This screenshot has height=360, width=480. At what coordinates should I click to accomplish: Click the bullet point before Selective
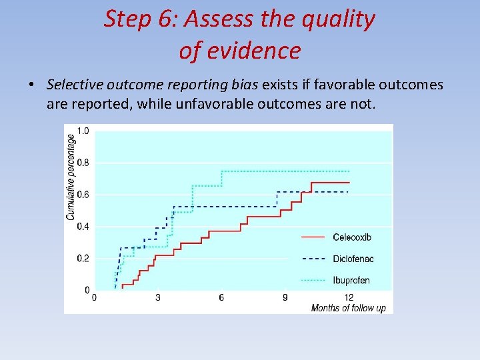pos(31,85)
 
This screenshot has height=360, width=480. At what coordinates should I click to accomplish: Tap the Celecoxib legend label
pos(351,237)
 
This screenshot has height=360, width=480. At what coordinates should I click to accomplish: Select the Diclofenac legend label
pos(351,259)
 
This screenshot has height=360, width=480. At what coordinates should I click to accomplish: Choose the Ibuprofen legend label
pos(351,280)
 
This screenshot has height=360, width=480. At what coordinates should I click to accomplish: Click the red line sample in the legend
pos(313,237)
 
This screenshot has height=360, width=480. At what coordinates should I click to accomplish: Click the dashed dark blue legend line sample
pos(313,259)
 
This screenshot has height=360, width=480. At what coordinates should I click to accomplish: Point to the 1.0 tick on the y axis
pos(83,131)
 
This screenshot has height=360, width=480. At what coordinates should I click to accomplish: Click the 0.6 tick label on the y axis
pos(83,195)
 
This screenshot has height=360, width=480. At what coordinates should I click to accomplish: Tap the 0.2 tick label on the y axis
pos(83,259)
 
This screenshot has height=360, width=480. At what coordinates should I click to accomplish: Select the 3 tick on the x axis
pos(157,297)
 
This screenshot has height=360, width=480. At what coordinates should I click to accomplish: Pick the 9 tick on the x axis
pos(285,297)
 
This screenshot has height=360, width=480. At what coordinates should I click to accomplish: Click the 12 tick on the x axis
pos(348,297)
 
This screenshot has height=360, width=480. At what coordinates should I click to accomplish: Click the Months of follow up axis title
pos(348,308)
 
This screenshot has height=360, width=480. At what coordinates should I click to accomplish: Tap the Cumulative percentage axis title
pos(71,177)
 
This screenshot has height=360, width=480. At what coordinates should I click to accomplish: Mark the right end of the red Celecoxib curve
pos(349,182)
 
